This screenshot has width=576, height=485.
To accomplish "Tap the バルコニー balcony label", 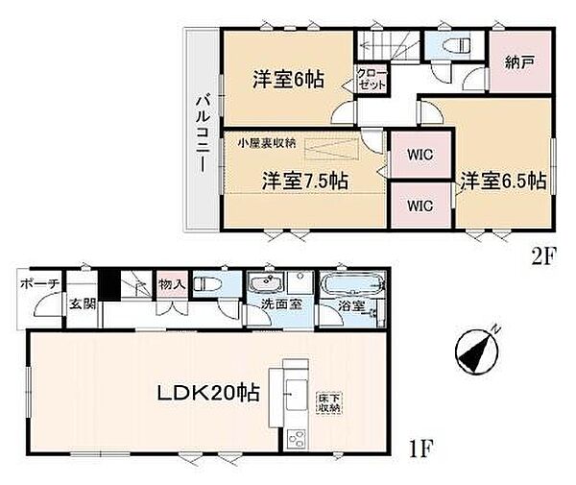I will tap(204, 132).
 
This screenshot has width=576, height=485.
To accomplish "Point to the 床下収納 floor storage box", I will tap(330, 401).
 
